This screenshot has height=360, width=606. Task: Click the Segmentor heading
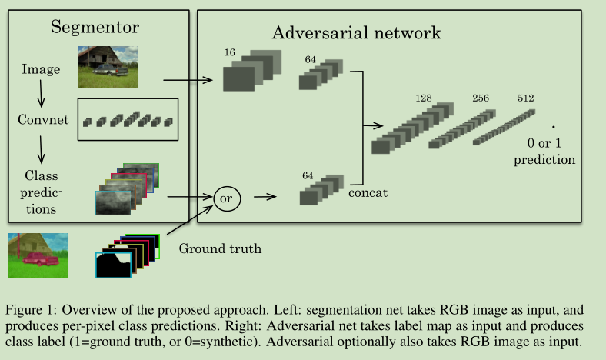[x=95, y=28]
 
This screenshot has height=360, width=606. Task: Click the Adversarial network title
[x=356, y=33]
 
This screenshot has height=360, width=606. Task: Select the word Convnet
[x=44, y=121]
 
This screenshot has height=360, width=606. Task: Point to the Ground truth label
[x=220, y=248]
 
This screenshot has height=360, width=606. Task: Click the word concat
[x=368, y=192]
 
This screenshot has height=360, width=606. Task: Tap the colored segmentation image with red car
[x=38, y=255]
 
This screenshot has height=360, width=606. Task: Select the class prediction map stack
[x=126, y=188]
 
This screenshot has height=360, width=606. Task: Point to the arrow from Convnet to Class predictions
[x=41, y=146]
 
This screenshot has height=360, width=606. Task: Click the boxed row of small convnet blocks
[x=128, y=120]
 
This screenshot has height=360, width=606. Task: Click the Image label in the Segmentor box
[x=40, y=70]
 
